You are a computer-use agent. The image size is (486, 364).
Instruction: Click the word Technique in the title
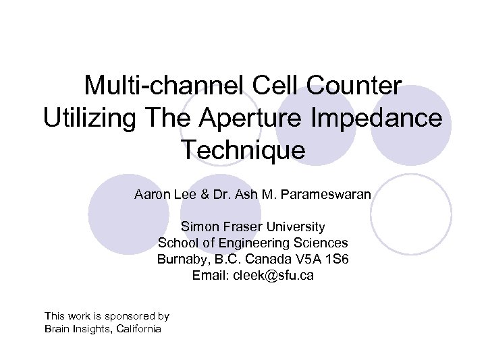pyautogui.click(x=243, y=150)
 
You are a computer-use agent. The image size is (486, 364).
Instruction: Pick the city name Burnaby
pyautogui.click(x=180, y=259)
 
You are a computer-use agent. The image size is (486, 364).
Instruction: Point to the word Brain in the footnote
pyautogui.click(x=57, y=328)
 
